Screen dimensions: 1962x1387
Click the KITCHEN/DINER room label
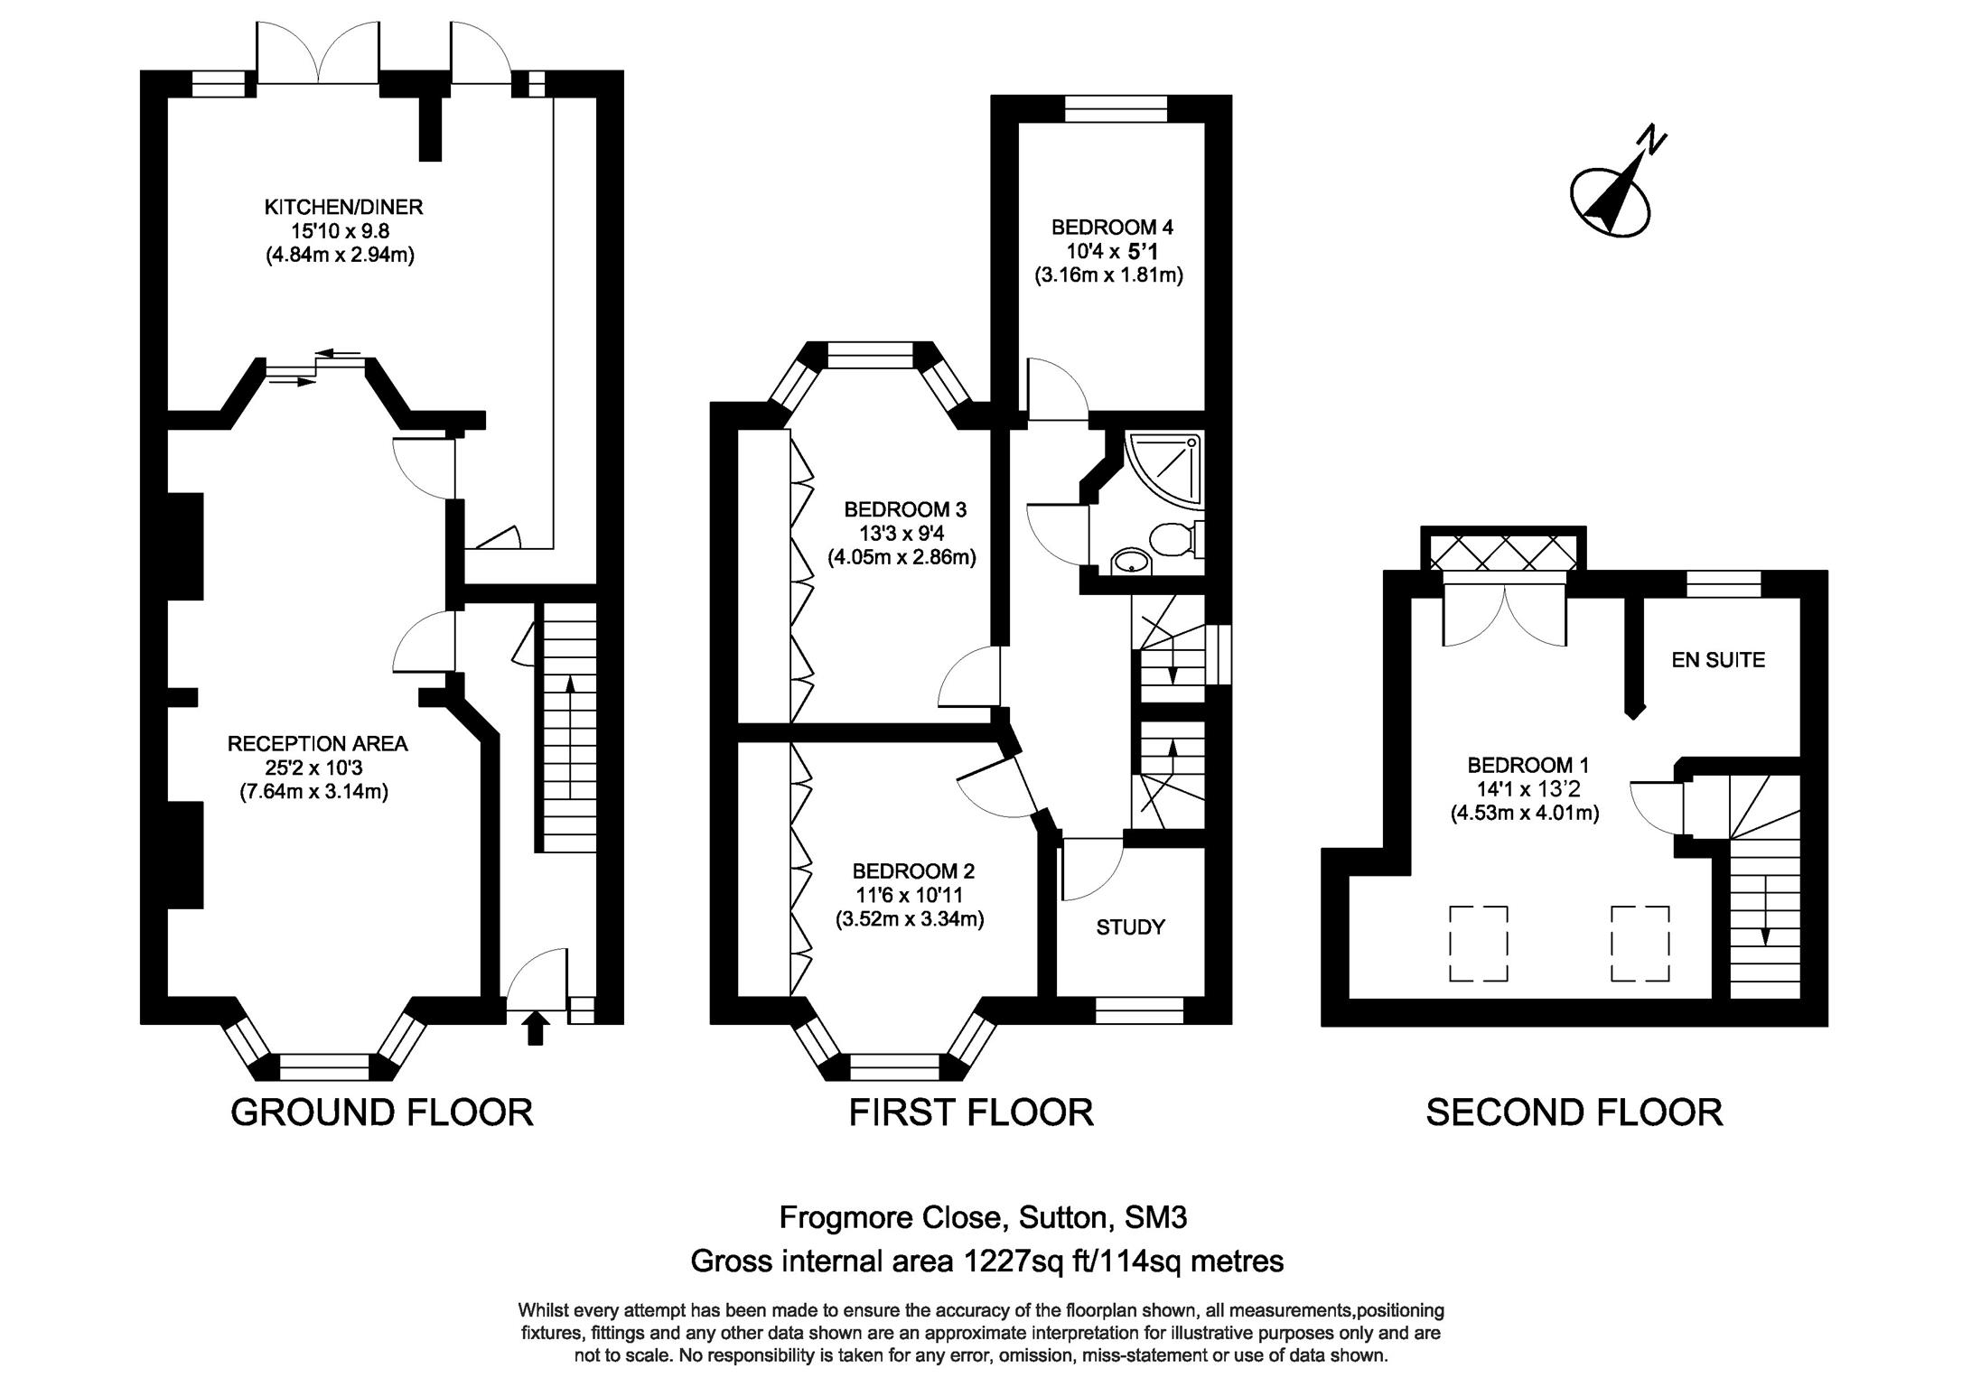pos(343,207)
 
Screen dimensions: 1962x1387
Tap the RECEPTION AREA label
pos(317,743)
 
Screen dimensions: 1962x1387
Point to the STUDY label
pos(1130,926)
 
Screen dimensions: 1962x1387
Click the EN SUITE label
pos(1717,659)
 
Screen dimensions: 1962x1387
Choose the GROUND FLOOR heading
pos(382,1112)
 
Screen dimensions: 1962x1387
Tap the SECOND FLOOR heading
pos(1574,1112)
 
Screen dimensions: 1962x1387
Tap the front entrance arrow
pos(536,1028)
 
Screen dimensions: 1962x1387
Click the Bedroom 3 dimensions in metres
pos(902,557)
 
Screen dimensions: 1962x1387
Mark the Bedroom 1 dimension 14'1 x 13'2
pos(1524,788)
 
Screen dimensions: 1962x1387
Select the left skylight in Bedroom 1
pos(1479,943)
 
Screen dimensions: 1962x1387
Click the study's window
pos(1139,1010)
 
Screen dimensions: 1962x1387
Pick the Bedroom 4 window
pos(1116,108)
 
